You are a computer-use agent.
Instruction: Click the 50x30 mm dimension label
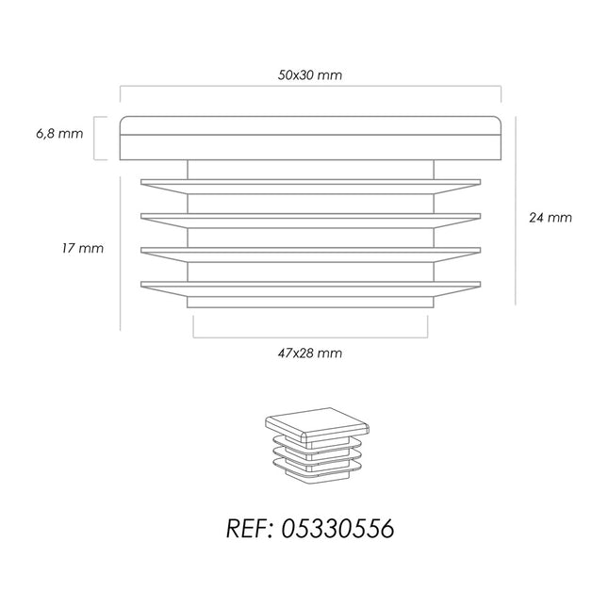point(310,74)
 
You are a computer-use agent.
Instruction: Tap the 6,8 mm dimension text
point(59,134)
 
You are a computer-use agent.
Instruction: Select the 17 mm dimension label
point(83,248)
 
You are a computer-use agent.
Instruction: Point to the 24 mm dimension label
point(550,218)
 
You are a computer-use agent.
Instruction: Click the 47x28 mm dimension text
point(310,353)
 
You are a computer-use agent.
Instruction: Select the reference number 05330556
point(337,529)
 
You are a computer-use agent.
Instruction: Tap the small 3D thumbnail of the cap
point(317,444)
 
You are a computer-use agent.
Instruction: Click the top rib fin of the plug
point(310,187)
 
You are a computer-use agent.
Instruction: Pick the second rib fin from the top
point(310,221)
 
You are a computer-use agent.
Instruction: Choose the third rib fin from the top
point(310,255)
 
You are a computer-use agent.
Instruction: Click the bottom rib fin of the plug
point(310,289)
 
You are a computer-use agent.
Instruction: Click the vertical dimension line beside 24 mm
point(516,210)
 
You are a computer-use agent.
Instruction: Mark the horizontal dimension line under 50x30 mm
point(310,86)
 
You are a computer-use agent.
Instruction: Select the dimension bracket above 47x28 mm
point(310,337)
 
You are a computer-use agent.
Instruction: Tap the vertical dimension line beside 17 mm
point(121,254)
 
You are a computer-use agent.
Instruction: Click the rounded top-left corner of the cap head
point(123,120)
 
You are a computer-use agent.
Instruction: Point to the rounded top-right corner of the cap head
point(499,120)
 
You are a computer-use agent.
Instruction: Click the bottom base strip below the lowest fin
point(310,303)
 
